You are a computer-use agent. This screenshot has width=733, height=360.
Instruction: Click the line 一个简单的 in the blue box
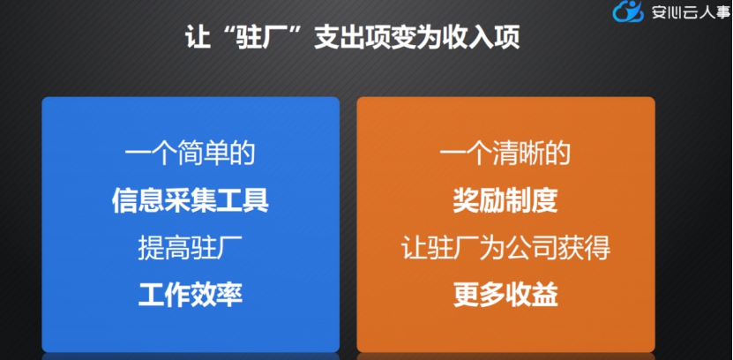(x=190, y=153)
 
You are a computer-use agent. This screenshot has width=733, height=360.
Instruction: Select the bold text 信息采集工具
(x=190, y=200)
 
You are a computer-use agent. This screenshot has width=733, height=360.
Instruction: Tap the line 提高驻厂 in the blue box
(x=190, y=247)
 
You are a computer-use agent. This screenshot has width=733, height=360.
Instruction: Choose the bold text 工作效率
(x=190, y=294)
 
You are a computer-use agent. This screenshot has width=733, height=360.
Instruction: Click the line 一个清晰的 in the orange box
(x=505, y=153)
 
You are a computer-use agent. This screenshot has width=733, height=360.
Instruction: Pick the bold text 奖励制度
(x=505, y=200)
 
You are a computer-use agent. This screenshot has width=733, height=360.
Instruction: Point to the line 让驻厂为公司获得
(x=505, y=247)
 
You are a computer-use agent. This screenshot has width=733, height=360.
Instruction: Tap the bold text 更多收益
(x=505, y=294)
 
